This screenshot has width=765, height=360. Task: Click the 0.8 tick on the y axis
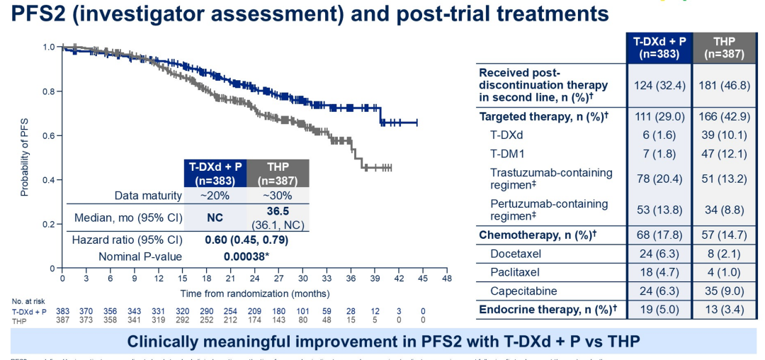click(49, 91)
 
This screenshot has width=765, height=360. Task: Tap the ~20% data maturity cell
click(215, 195)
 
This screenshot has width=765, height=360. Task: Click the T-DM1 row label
click(509, 154)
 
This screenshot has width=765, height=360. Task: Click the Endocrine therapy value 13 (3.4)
click(725, 309)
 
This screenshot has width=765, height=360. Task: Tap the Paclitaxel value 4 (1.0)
click(725, 272)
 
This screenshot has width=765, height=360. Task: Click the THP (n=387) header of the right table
click(725, 47)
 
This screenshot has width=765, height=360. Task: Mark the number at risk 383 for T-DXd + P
click(63, 311)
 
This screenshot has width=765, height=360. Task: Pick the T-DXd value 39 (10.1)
click(725, 135)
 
